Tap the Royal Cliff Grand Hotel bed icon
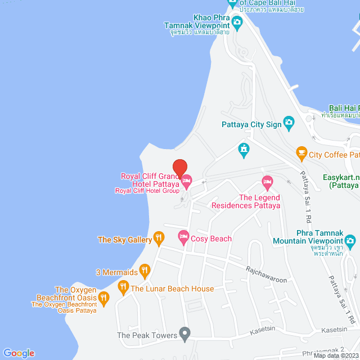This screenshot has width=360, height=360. (187, 181)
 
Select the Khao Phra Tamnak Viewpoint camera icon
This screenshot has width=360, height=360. (237, 22)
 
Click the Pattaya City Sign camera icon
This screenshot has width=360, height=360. (289, 121)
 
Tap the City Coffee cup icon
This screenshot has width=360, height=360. (301, 152)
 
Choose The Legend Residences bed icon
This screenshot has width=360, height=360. (267, 181)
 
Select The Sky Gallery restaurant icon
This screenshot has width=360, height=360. (159, 238)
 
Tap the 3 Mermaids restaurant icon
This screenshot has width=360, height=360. (145, 271)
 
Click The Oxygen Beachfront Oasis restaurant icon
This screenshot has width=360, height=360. (103, 296)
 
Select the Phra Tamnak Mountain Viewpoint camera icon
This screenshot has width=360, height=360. (351, 242)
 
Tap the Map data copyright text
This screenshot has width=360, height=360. (336, 355)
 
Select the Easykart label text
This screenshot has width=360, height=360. (341, 177)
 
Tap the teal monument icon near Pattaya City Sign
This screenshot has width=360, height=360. (244, 148)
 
